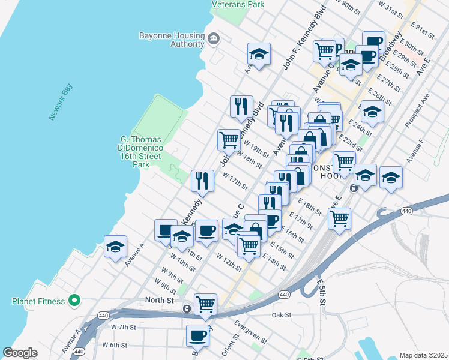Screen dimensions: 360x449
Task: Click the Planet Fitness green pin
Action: tap(74, 300)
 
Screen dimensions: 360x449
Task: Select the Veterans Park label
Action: tap(238, 4)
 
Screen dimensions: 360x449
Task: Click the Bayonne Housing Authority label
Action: tap(171, 40)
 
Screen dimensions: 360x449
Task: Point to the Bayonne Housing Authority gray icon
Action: tap(214, 40)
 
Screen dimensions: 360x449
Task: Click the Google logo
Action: tap(20, 353)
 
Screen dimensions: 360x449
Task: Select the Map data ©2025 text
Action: tap(423, 355)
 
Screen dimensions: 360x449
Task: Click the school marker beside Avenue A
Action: tap(115, 247)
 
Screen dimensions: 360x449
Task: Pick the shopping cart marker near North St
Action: tap(205, 304)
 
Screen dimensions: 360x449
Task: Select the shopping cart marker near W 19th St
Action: tap(229, 140)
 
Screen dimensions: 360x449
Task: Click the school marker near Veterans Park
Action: tap(258, 55)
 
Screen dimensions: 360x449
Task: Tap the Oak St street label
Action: tap(281, 314)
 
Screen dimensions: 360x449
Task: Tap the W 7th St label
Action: tap(124, 327)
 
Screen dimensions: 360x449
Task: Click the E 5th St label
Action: tap(321, 290)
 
